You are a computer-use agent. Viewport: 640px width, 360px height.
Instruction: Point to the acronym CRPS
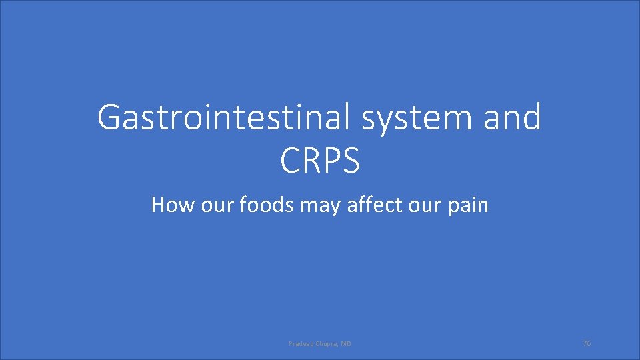point(320,161)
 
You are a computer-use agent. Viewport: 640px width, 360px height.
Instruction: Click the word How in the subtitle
point(169,205)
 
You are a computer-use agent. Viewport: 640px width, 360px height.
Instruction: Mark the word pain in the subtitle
point(469,205)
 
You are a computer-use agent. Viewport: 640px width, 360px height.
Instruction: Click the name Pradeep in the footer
point(299,344)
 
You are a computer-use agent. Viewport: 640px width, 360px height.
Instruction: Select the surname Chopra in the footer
point(325,344)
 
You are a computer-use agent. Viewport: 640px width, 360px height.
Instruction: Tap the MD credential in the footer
point(345,344)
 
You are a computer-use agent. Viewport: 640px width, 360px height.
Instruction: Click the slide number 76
point(587,343)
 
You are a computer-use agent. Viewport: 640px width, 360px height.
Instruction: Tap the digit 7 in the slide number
point(585,343)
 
